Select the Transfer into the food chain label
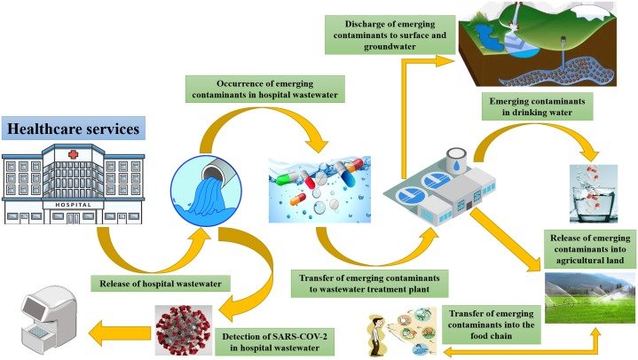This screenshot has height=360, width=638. [491, 322]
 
